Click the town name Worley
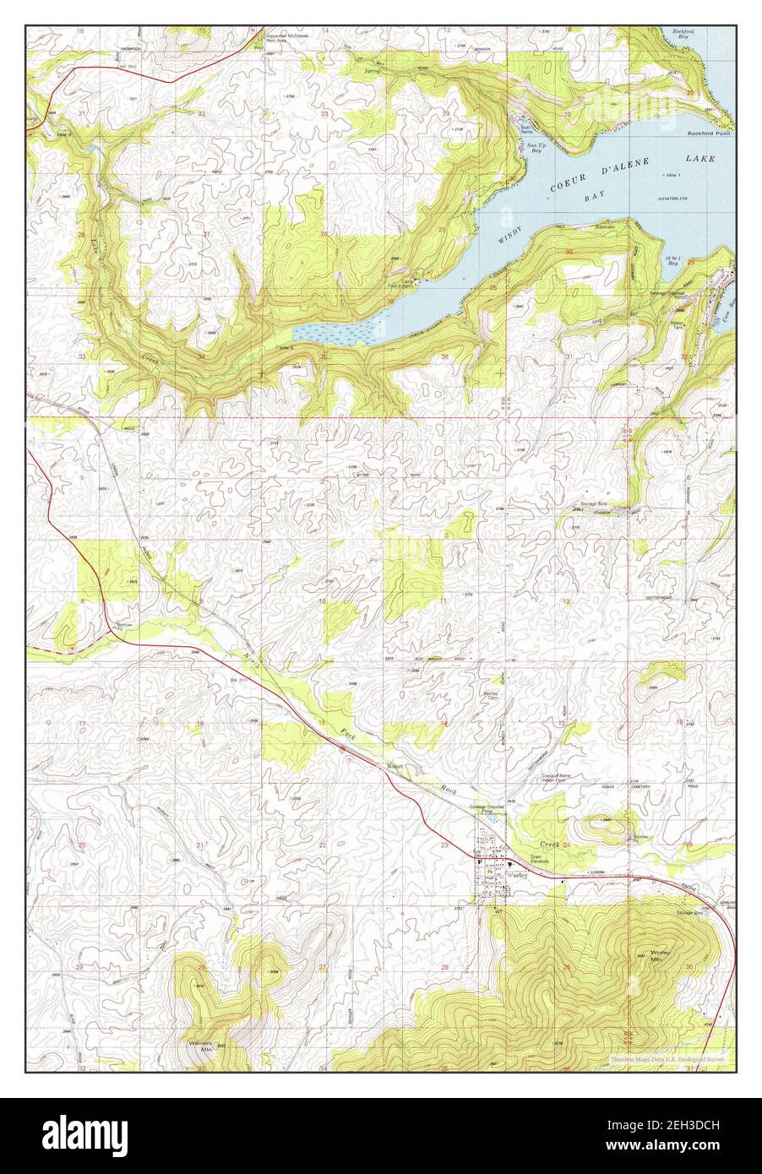(x=518, y=875)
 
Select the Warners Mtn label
(x=200, y=1046)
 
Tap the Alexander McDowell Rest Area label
(x=287, y=39)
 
